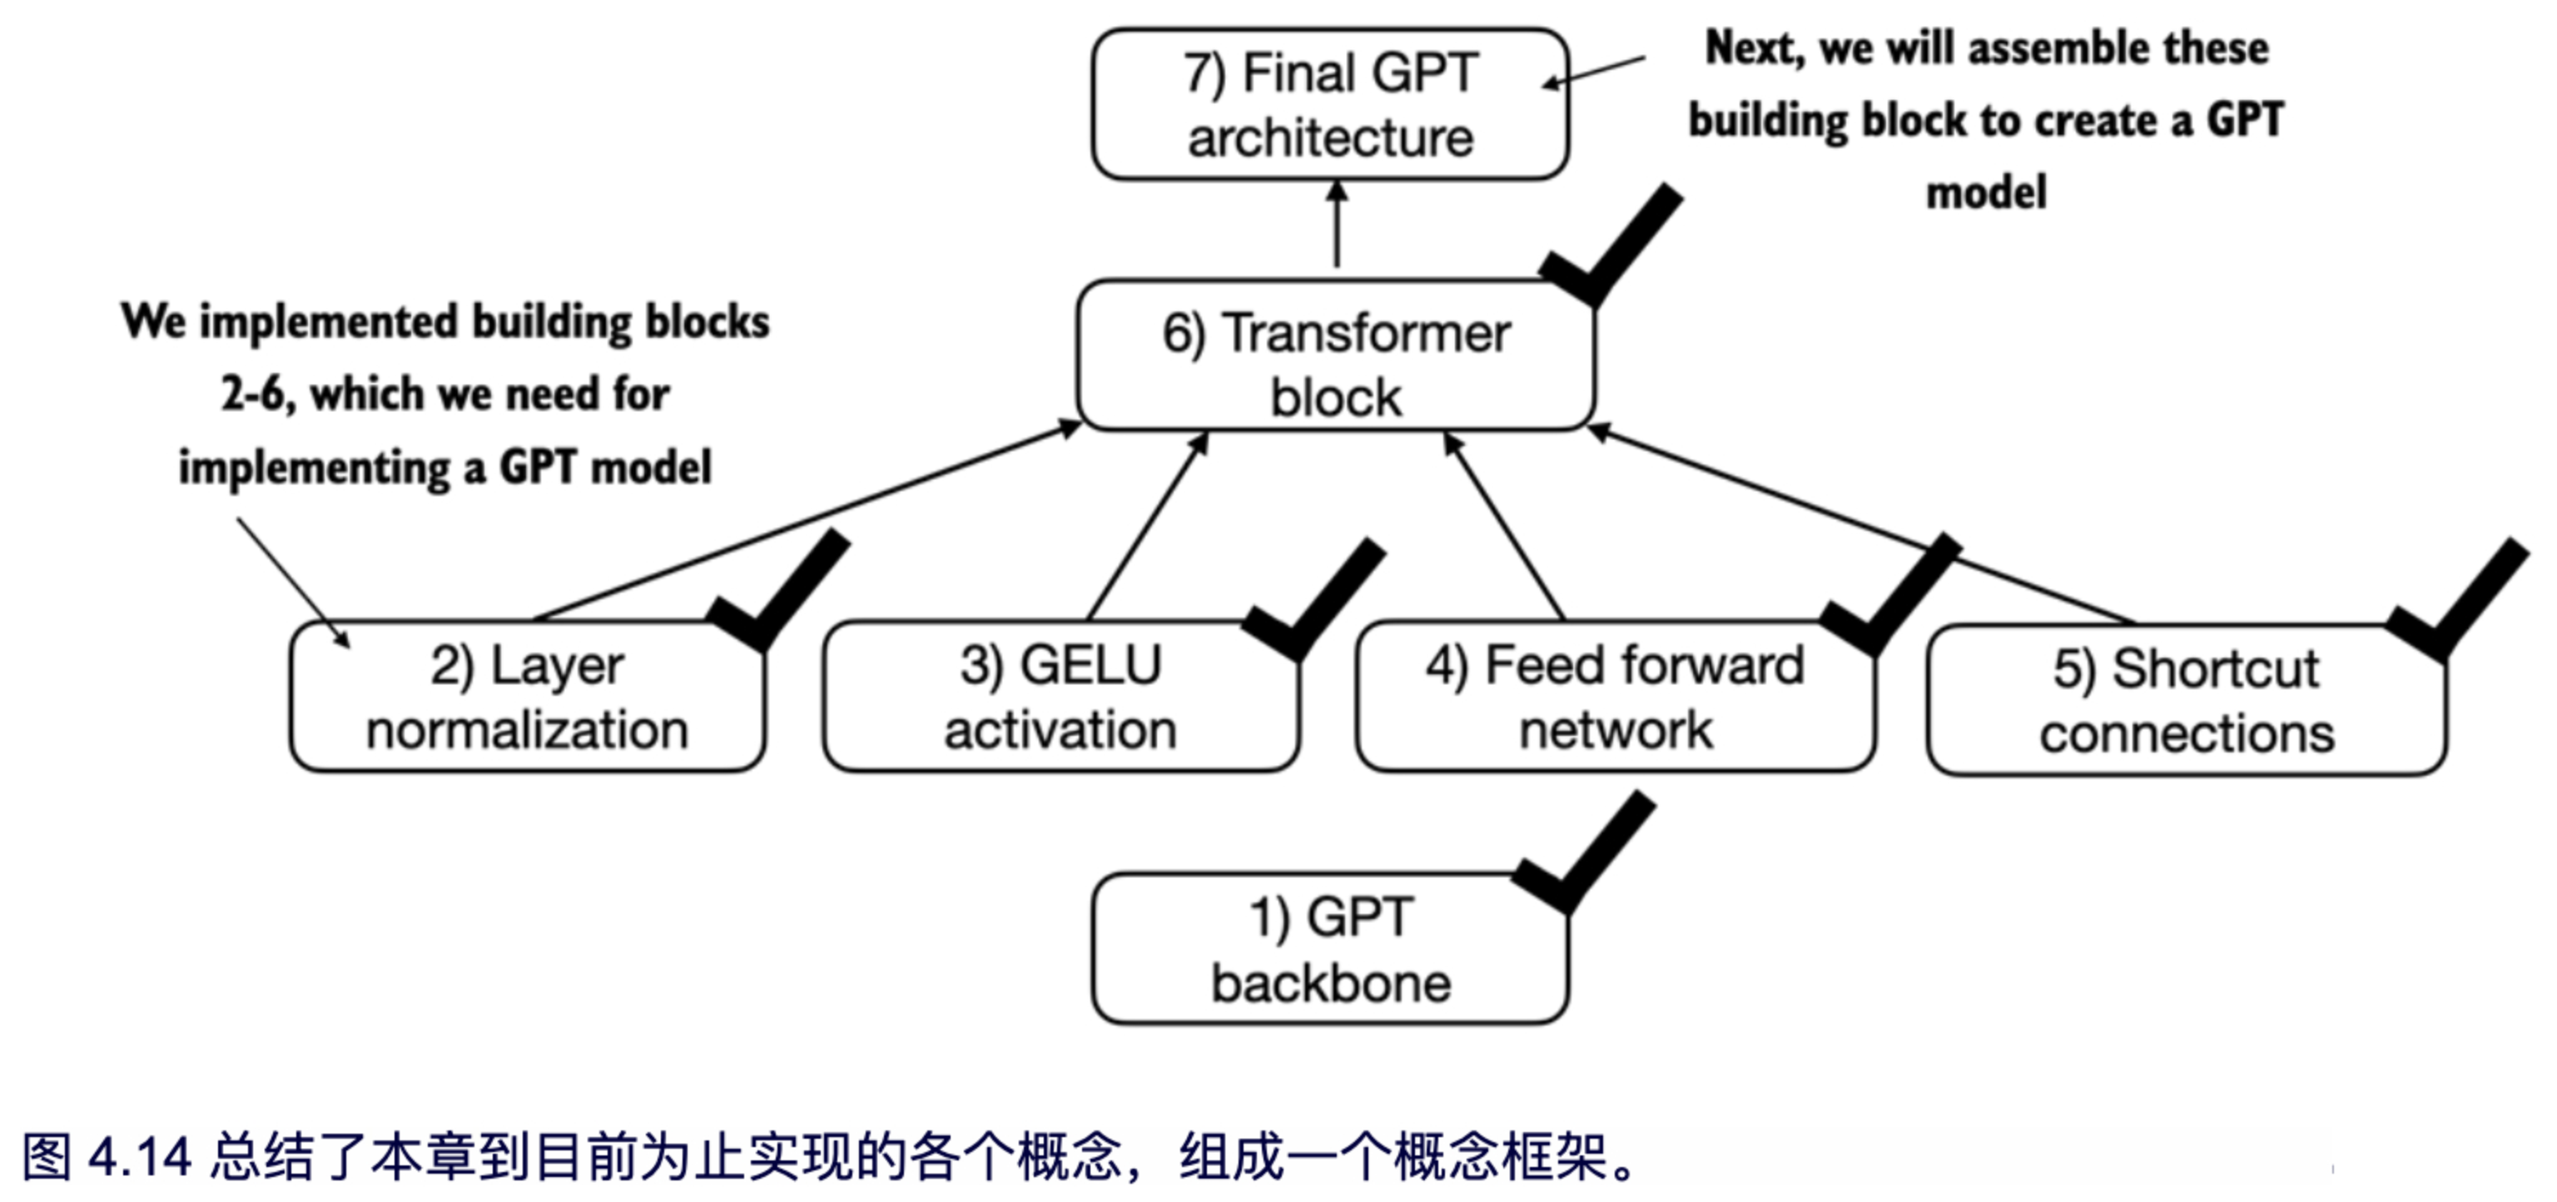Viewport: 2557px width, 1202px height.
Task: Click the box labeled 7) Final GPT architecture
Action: (x=1330, y=104)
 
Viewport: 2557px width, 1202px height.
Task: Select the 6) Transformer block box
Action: (x=1335, y=355)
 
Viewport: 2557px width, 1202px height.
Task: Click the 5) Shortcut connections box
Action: (x=2186, y=701)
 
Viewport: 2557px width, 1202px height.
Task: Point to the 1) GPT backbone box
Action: (x=1330, y=949)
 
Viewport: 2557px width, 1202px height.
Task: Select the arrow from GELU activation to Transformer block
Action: (x=1149, y=526)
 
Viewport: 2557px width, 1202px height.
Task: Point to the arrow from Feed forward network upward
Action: (x=1504, y=526)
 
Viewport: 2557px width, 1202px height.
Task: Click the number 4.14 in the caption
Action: (x=139, y=1157)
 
